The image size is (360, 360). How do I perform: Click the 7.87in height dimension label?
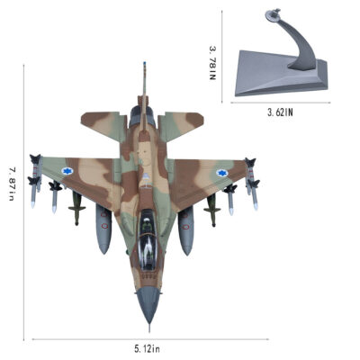point(12,184)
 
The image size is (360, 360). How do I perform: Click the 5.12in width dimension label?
point(147,349)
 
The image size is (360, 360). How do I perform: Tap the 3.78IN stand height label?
point(212,63)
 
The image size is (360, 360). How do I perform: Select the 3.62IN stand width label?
point(280,112)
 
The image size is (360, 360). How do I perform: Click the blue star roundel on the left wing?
point(67,171)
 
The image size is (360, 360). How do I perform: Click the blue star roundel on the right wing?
point(222,173)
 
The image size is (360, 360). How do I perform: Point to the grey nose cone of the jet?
point(148,303)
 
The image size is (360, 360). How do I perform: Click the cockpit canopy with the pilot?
point(148,237)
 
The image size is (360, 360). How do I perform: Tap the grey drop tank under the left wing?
point(103,228)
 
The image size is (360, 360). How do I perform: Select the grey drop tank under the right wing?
point(185,230)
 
